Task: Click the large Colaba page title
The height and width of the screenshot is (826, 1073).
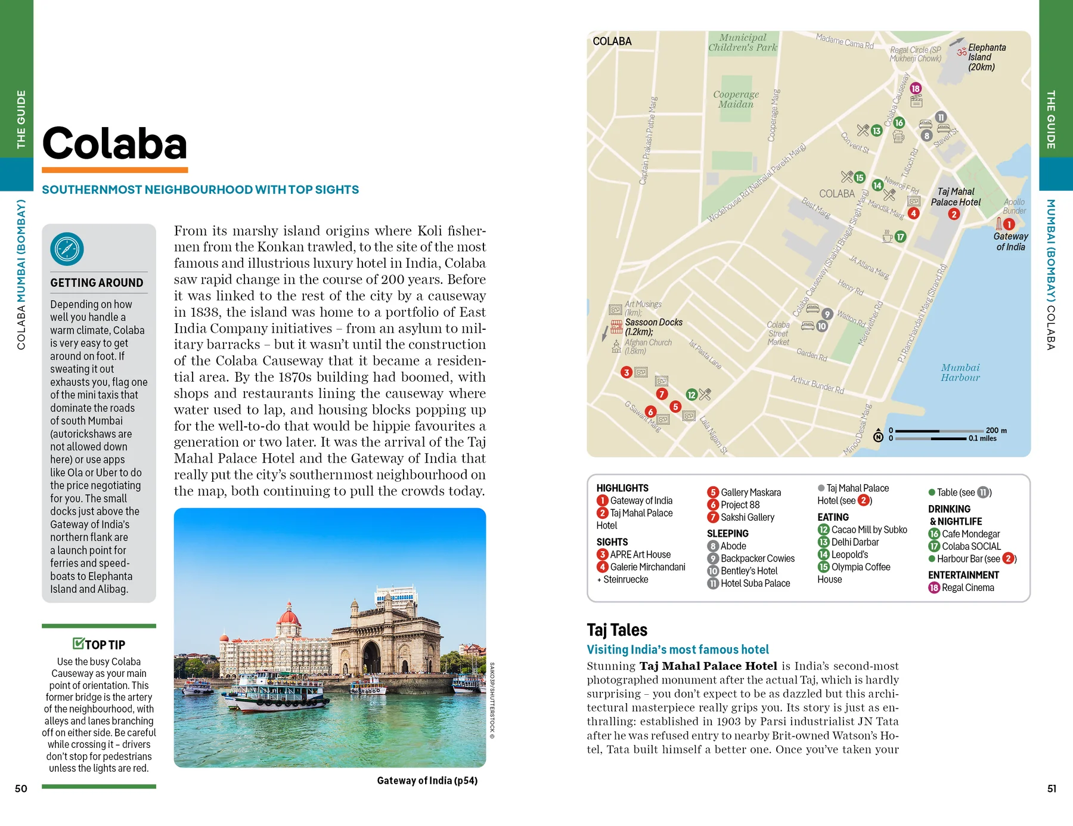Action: coord(114,144)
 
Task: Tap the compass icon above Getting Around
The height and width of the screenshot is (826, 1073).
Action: coord(67,249)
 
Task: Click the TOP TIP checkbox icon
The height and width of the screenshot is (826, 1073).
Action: coord(78,643)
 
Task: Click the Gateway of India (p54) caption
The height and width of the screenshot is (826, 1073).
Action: coord(427,781)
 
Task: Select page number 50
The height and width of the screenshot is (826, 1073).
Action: coord(21,788)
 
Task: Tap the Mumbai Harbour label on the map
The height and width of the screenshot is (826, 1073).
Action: coord(960,372)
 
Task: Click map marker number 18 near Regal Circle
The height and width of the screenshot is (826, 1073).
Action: coord(916,88)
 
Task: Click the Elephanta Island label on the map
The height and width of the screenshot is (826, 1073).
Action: coord(986,57)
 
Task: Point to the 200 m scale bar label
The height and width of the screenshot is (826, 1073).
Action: coord(996,430)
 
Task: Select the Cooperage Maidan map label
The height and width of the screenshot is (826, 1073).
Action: coord(736,99)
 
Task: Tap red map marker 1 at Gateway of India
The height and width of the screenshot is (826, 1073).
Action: coord(1009,224)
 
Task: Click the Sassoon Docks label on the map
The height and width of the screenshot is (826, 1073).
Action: coord(653,326)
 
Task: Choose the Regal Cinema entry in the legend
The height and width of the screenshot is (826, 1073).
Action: coord(967,587)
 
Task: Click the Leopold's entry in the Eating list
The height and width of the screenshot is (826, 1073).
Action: coord(849,555)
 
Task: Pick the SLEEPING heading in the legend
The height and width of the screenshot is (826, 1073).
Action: coord(727,533)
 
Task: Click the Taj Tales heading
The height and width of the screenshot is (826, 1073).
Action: coord(616,630)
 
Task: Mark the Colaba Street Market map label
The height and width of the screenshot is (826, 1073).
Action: coord(778,333)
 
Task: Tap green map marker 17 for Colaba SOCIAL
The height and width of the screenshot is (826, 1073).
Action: coord(900,237)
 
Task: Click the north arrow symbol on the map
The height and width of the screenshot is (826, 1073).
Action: coord(878,435)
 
